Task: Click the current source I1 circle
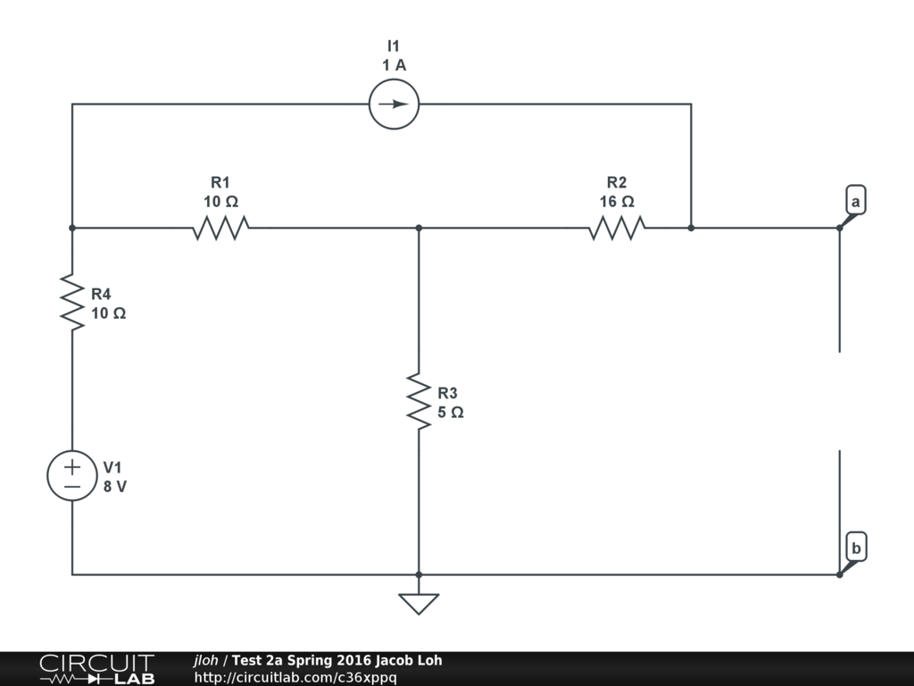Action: [x=394, y=105]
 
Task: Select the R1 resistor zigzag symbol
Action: [x=220, y=228]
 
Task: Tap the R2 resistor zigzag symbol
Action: [x=617, y=228]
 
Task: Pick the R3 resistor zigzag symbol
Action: [x=419, y=401]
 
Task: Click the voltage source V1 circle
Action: [x=72, y=475]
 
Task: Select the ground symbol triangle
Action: [x=419, y=603]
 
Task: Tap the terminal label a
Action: [x=855, y=201]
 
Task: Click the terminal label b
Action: [x=855, y=548]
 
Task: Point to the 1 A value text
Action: [x=394, y=65]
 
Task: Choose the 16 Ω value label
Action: [x=617, y=202]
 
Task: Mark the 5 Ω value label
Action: [x=450, y=413]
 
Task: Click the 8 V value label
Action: [x=115, y=487]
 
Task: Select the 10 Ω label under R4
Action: [x=108, y=314]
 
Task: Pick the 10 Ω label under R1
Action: [x=220, y=202]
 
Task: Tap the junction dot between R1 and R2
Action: [x=419, y=228]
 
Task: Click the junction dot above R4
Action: [x=72, y=228]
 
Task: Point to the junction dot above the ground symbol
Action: [x=419, y=574]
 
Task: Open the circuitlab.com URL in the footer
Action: [x=295, y=677]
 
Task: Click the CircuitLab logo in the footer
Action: [x=96, y=668]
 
